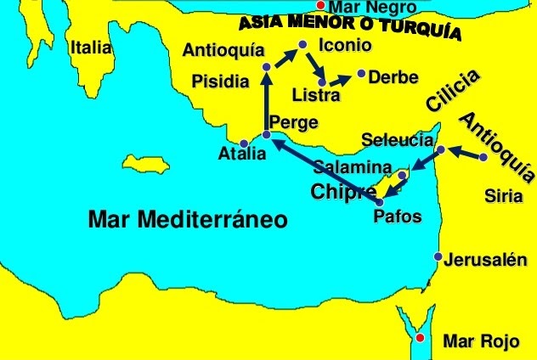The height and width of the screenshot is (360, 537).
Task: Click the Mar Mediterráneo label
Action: point(188,221)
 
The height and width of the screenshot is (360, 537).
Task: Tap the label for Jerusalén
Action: point(480,261)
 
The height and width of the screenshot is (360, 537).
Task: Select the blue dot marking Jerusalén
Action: point(438,256)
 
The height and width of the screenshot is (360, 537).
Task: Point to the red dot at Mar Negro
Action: point(319,6)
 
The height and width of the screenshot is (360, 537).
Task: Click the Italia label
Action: point(91,48)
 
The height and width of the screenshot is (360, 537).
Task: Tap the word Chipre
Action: point(344,192)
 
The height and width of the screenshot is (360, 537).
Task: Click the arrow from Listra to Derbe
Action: point(340,80)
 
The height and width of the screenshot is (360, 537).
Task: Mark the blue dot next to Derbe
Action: point(362,74)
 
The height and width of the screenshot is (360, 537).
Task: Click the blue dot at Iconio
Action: point(302,44)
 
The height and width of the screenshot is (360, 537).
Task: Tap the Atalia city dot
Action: point(245,143)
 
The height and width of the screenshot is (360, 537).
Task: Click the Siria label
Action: point(499,197)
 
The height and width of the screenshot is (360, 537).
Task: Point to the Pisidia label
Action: point(221,82)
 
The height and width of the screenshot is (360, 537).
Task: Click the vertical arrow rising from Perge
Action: point(266,102)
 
